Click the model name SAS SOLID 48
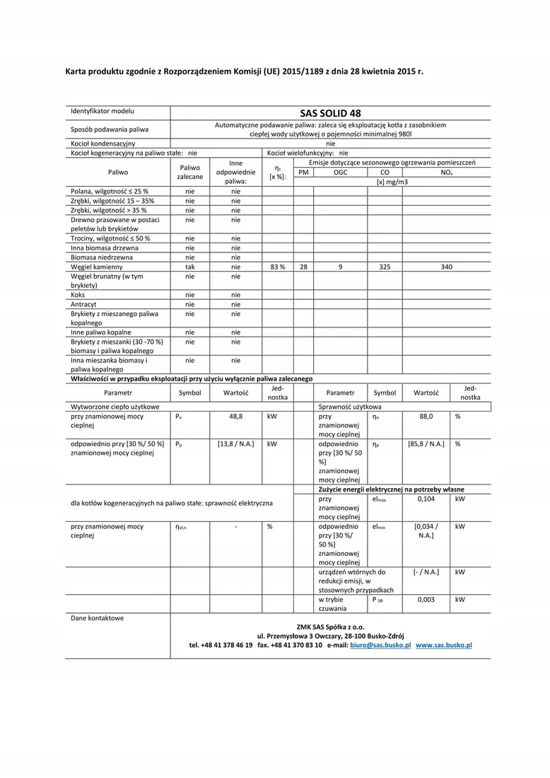click(330, 112)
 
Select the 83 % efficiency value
click(277, 267)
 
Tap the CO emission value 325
click(385, 267)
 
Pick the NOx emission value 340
click(446, 267)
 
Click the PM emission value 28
click(303, 267)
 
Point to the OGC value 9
click(340, 267)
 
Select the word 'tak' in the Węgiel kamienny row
click(190, 267)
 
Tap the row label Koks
click(78, 295)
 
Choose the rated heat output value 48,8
click(235, 417)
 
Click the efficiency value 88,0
click(426, 417)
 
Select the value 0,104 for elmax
click(426, 499)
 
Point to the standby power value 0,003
click(426, 599)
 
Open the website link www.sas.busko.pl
click(444, 646)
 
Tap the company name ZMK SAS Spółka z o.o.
click(330, 627)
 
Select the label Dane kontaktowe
click(97, 618)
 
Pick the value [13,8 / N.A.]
click(235, 444)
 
